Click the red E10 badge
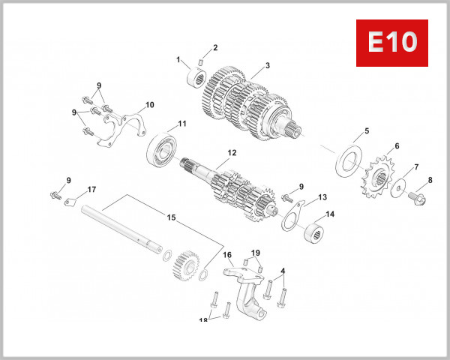click(391, 42)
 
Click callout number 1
click(178, 59)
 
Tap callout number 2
click(214, 48)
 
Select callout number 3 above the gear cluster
click(267, 66)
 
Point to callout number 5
click(366, 131)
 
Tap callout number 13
click(322, 197)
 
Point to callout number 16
click(227, 255)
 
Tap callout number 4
click(283, 270)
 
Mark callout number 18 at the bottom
click(202, 320)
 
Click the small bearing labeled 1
click(198, 76)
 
